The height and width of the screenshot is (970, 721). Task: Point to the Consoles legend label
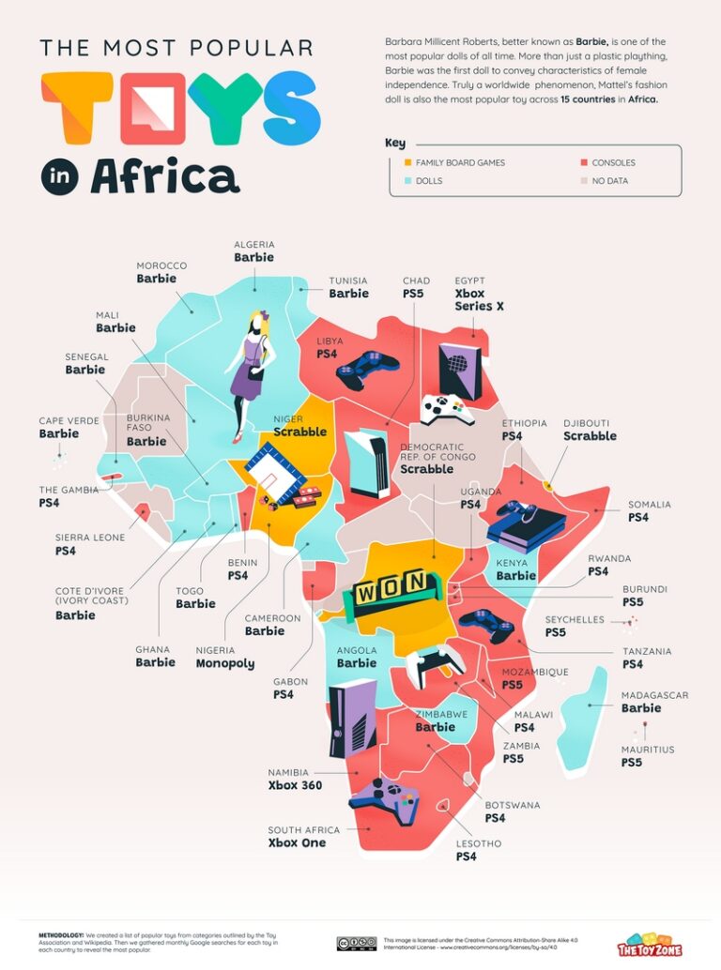(614, 163)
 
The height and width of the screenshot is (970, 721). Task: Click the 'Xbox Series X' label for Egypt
(480, 299)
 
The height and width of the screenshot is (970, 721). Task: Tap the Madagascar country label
(654, 695)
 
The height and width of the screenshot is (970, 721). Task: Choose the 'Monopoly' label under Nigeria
(224, 663)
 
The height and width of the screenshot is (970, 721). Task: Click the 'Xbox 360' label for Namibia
(295, 785)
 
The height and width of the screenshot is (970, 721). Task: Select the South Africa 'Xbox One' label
(297, 842)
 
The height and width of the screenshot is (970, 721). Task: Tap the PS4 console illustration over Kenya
(525, 526)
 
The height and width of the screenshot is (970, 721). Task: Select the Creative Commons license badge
(356, 943)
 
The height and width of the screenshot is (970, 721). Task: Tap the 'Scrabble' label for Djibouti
(590, 435)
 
